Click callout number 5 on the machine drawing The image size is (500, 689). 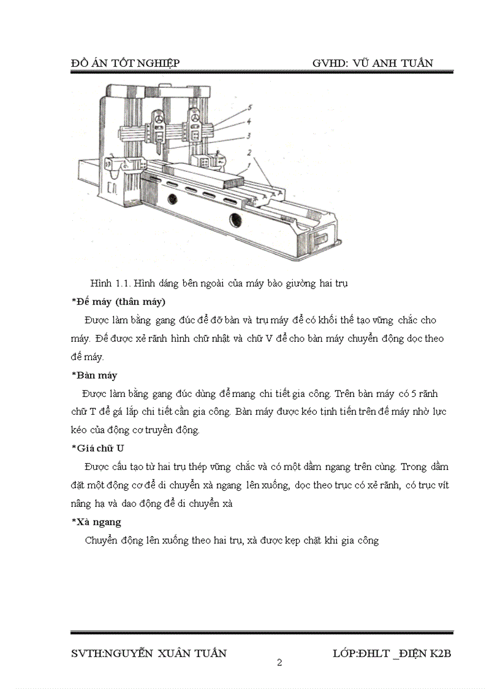[250, 108]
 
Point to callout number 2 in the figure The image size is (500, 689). [249, 152]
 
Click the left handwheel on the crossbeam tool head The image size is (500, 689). [159, 120]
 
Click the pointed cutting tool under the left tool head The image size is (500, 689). [158, 147]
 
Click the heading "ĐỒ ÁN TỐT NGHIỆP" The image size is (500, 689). [125, 63]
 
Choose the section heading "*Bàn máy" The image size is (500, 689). [94, 375]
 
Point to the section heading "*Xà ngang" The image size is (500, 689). [96, 522]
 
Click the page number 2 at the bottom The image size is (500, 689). [279, 662]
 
